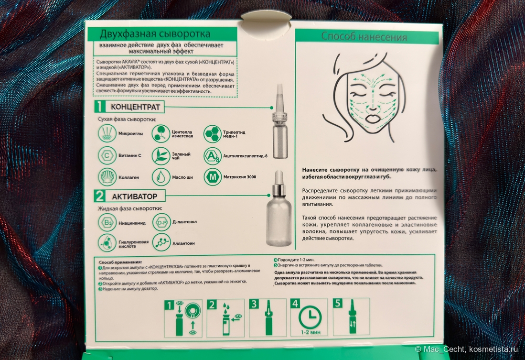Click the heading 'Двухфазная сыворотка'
(155, 34)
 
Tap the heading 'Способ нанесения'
(364, 36)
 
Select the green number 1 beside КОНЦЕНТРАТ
(99, 107)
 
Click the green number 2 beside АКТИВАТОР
(99, 196)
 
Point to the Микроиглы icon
(107, 133)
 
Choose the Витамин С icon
(107, 155)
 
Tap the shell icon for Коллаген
(107, 177)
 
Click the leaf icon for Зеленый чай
(161, 156)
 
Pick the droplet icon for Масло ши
(161, 177)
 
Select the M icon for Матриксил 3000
(213, 176)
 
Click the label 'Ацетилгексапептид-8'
(246, 156)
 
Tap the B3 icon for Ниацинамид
(107, 223)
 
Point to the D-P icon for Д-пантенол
(161, 222)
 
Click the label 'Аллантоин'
(183, 243)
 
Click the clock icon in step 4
(310, 316)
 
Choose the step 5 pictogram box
(351, 317)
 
